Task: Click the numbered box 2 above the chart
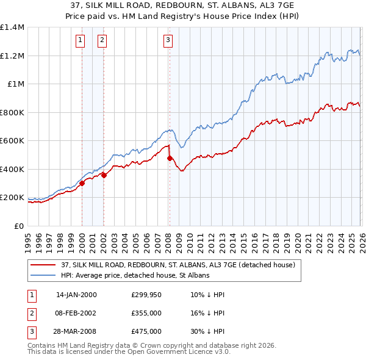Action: click(102, 41)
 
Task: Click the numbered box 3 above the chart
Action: click(168, 41)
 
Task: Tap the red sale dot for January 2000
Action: click(82, 183)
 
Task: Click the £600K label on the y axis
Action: click(12, 141)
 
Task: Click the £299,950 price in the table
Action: click(146, 294)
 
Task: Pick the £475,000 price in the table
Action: click(146, 332)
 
